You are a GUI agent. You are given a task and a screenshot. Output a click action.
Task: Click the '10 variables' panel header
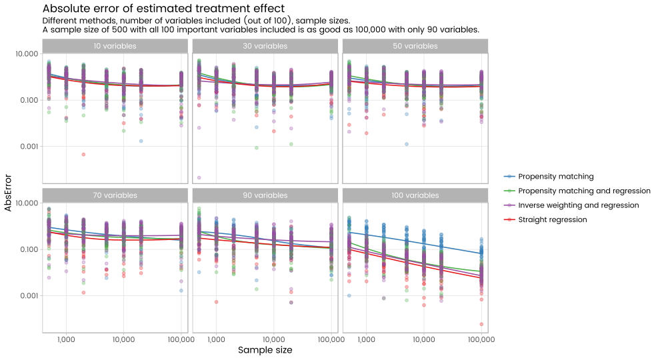(x=115, y=46)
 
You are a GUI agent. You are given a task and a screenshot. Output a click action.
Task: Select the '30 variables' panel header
(x=265, y=46)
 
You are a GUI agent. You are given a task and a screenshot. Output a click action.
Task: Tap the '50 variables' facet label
(x=415, y=46)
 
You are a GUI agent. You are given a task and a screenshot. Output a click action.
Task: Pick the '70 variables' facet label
(x=115, y=195)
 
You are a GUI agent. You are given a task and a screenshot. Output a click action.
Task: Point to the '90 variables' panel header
(x=265, y=195)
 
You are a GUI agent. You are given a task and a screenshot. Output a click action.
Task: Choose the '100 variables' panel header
(x=415, y=195)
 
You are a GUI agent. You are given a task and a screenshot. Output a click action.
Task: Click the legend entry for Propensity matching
(x=555, y=177)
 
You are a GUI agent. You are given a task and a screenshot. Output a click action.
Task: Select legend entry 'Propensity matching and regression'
(x=579, y=191)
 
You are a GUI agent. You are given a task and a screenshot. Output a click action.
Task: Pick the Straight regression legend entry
(x=552, y=219)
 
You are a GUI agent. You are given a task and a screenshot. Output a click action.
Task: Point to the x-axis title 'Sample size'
(x=265, y=349)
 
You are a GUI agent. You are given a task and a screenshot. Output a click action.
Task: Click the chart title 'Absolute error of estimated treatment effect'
(x=163, y=9)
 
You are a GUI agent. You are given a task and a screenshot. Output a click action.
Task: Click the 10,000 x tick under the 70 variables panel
(x=124, y=340)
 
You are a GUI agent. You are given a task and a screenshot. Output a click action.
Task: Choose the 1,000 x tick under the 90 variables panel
(x=216, y=340)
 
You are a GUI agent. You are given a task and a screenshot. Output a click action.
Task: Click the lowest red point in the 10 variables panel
(x=83, y=154)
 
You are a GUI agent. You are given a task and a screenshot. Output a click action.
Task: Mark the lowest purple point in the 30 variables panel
(x=199, y=177)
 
